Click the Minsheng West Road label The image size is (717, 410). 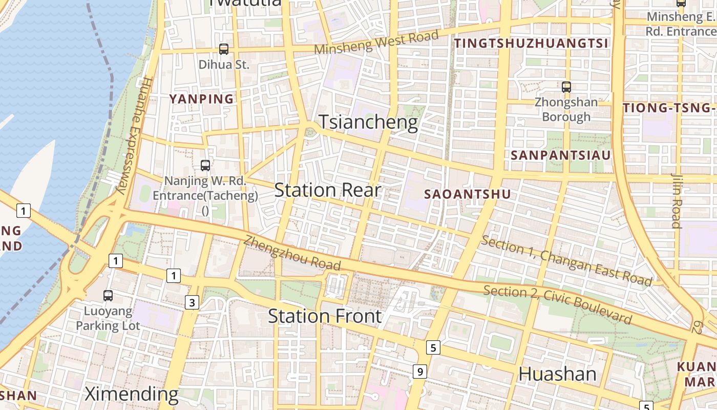pyautogui.click(x=376, y=43)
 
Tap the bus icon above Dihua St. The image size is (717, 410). pyautogui.click(x=224, y=49)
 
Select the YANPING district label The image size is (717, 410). pyautogui.click(x=201, y=99)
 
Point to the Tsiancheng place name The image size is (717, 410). pyautogui.click(x=368, y=122)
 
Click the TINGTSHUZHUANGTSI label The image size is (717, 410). pyautogui.click(x=532, y=44)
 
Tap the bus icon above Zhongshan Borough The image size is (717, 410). pyautogui.click(x=566, y=87)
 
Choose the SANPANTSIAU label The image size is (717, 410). pyautogui.click(x=561, y=155)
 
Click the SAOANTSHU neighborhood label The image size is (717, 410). pyautogui.click(x=468, y=194)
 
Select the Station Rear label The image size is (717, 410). pyautogui.click(x=328, y=190)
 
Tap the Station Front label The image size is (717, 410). pyautogui.click(x=325, y=316)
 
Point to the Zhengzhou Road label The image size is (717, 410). pyautogui.click(x=292, y=253)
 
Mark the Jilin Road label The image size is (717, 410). pyautogui.click(x=677, y=200)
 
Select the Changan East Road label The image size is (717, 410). pyautogui.click(x=567, y=261)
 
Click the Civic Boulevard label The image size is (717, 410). pyautogui.click(x=558, y=304)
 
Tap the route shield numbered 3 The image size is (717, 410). pyautogui.click(x=192, y=302)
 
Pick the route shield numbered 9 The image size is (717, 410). pyautogui.click(x=419, y=371)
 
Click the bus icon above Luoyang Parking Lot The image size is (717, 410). pyautogui.click(x=108, y=296)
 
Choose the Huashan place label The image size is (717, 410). pyautogui.click(x=557, y=374)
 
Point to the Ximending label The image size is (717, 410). pyautogui.click(x=131, y=394)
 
